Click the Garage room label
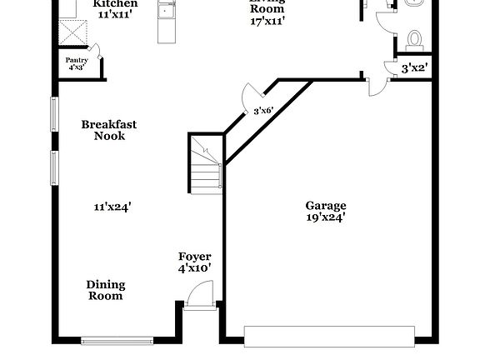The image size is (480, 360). [x=325, y=206]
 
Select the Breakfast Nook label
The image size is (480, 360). [x=109, y=130]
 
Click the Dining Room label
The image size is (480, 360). [x=106, y=290]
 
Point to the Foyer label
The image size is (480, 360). [x=195, y=257]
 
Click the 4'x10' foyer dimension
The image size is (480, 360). [x=195, y=268]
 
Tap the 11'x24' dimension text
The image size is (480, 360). [x=112, y=206]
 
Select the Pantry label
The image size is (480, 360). [x=77, y=60]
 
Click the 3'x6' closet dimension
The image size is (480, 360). [x=263, y=110]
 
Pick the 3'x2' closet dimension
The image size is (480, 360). [x=414, y=68]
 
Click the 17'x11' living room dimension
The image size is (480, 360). [x=267, y=21]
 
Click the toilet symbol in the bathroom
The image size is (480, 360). [x=414, y=38]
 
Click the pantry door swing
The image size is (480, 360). [x=96, y=51]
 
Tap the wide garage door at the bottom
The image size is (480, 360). [x=329, y=335]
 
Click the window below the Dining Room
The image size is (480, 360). [x=117, y=340]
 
